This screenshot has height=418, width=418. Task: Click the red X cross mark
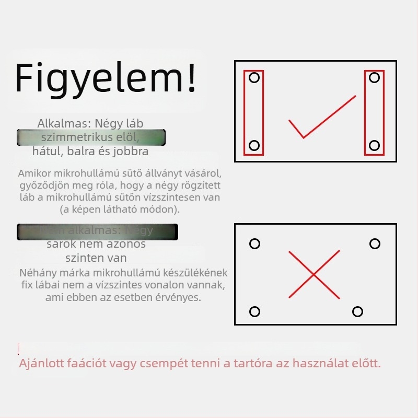[x=314, y=274]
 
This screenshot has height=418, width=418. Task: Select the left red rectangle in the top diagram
[x=254, y=112]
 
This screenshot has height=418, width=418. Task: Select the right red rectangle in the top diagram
[x=374, y=112]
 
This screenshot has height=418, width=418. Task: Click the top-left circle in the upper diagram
[x=254, y=78]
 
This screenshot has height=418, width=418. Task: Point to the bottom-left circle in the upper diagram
[x=254, y=145]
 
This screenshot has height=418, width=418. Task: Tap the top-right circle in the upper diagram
[x=374, y=78]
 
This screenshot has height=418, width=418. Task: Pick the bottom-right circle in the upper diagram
[x=374, y=145]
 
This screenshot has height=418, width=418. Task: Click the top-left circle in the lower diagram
[x=254, y=244]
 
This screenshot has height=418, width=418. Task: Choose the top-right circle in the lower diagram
[x=375, y=244]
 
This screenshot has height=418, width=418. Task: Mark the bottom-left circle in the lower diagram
[x=254, y=312]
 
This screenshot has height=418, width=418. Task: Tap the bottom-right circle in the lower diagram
[x=357, y=312]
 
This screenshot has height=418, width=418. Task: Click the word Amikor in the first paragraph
[x=33, y=173]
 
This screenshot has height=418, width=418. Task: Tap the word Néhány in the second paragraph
[x=36, y=273]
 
